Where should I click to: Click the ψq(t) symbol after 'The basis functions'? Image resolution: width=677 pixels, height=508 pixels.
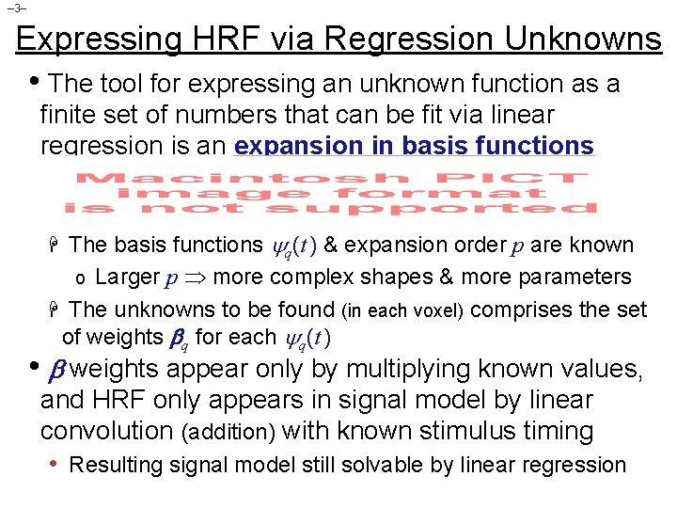tap(293, 246)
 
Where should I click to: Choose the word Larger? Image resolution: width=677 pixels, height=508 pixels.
tap(127, 277)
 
